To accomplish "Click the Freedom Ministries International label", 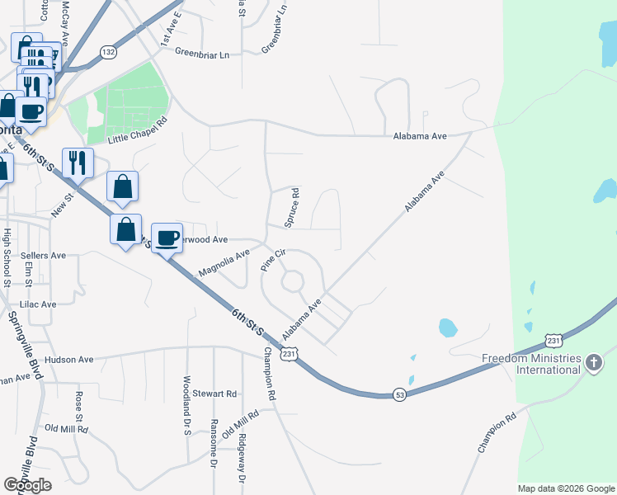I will coord(531,364).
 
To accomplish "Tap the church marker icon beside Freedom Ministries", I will coord(593,363).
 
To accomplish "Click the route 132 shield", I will coord(109,52).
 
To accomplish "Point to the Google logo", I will coord(28,485).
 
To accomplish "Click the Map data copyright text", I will coord(565,488).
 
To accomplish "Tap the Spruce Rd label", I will coord(291,207).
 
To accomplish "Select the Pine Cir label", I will coord(272,260).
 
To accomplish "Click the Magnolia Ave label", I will coord(223,263).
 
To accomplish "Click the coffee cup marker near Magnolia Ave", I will coord(167,238).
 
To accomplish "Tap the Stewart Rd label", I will coord(214,394).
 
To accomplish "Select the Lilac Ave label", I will coord(38,304).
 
